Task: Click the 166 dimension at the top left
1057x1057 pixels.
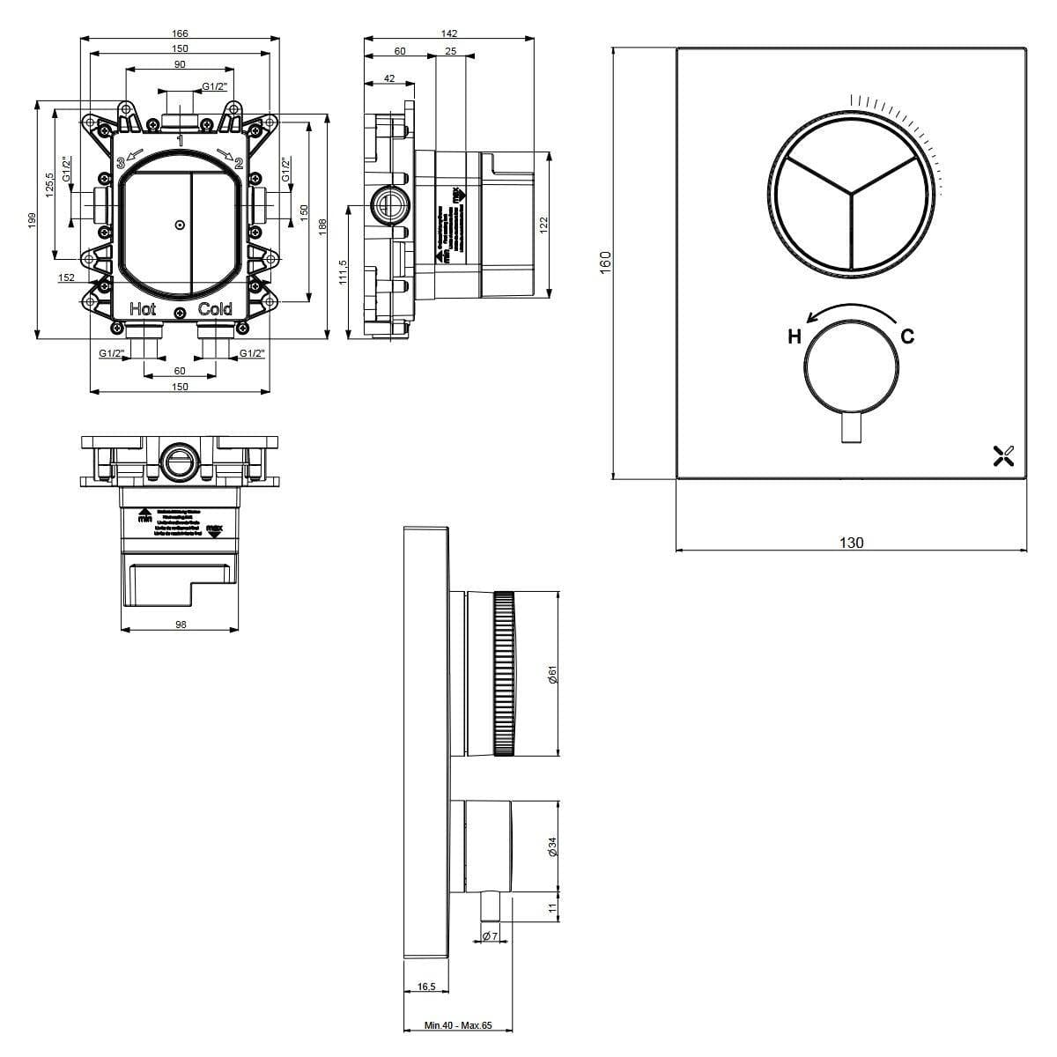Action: tap(180, 33)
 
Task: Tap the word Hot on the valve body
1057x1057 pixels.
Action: tap(143, 309)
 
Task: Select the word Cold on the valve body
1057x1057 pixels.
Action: tap(215, 309)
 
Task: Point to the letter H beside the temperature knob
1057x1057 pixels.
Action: tap(794, 336)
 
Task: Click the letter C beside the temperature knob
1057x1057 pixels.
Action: tap(907, 336)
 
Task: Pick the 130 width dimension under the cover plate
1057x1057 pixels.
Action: tap(851, 543)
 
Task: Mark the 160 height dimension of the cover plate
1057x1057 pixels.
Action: tap(605, 262)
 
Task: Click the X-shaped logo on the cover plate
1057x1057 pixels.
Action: tap(1003, 455)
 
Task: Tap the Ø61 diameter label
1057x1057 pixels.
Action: tap(552, 675)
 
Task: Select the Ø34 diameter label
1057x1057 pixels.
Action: tap(552, 846)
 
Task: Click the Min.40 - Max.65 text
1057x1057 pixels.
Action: tap(458, 1025)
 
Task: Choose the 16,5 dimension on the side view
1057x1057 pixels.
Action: tap(426, 987)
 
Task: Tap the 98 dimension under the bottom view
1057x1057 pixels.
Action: tap(181, 624)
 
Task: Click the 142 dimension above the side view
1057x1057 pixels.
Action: tap(449, 33)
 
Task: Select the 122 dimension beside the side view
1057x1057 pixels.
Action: tap(543, 225)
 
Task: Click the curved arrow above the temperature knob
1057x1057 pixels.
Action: tap(851, 310)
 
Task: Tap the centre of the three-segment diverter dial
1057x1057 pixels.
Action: tap(851, 194)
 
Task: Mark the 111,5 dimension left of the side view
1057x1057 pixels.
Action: tap(343, 271)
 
